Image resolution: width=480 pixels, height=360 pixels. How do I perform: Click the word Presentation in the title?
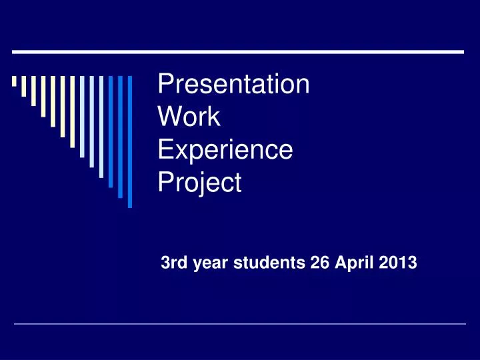pos(233,85)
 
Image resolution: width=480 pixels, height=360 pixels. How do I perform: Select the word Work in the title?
pos(189,117)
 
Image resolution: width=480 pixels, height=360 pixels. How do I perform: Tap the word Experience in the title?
pos(225,149)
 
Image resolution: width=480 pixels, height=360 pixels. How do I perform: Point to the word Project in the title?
pos(199,182)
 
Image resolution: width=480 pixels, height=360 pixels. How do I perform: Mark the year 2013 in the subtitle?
pos(399,263)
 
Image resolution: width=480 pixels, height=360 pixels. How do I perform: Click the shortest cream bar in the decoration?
pos(14,82)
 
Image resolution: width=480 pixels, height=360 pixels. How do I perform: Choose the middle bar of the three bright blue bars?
pos(121,137)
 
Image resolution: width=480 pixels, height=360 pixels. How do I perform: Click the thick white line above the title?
pos(238,51)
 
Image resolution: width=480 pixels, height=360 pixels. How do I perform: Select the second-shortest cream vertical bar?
pos(24,87)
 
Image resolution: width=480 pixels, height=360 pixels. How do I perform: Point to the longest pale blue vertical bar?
pos(101,127)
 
